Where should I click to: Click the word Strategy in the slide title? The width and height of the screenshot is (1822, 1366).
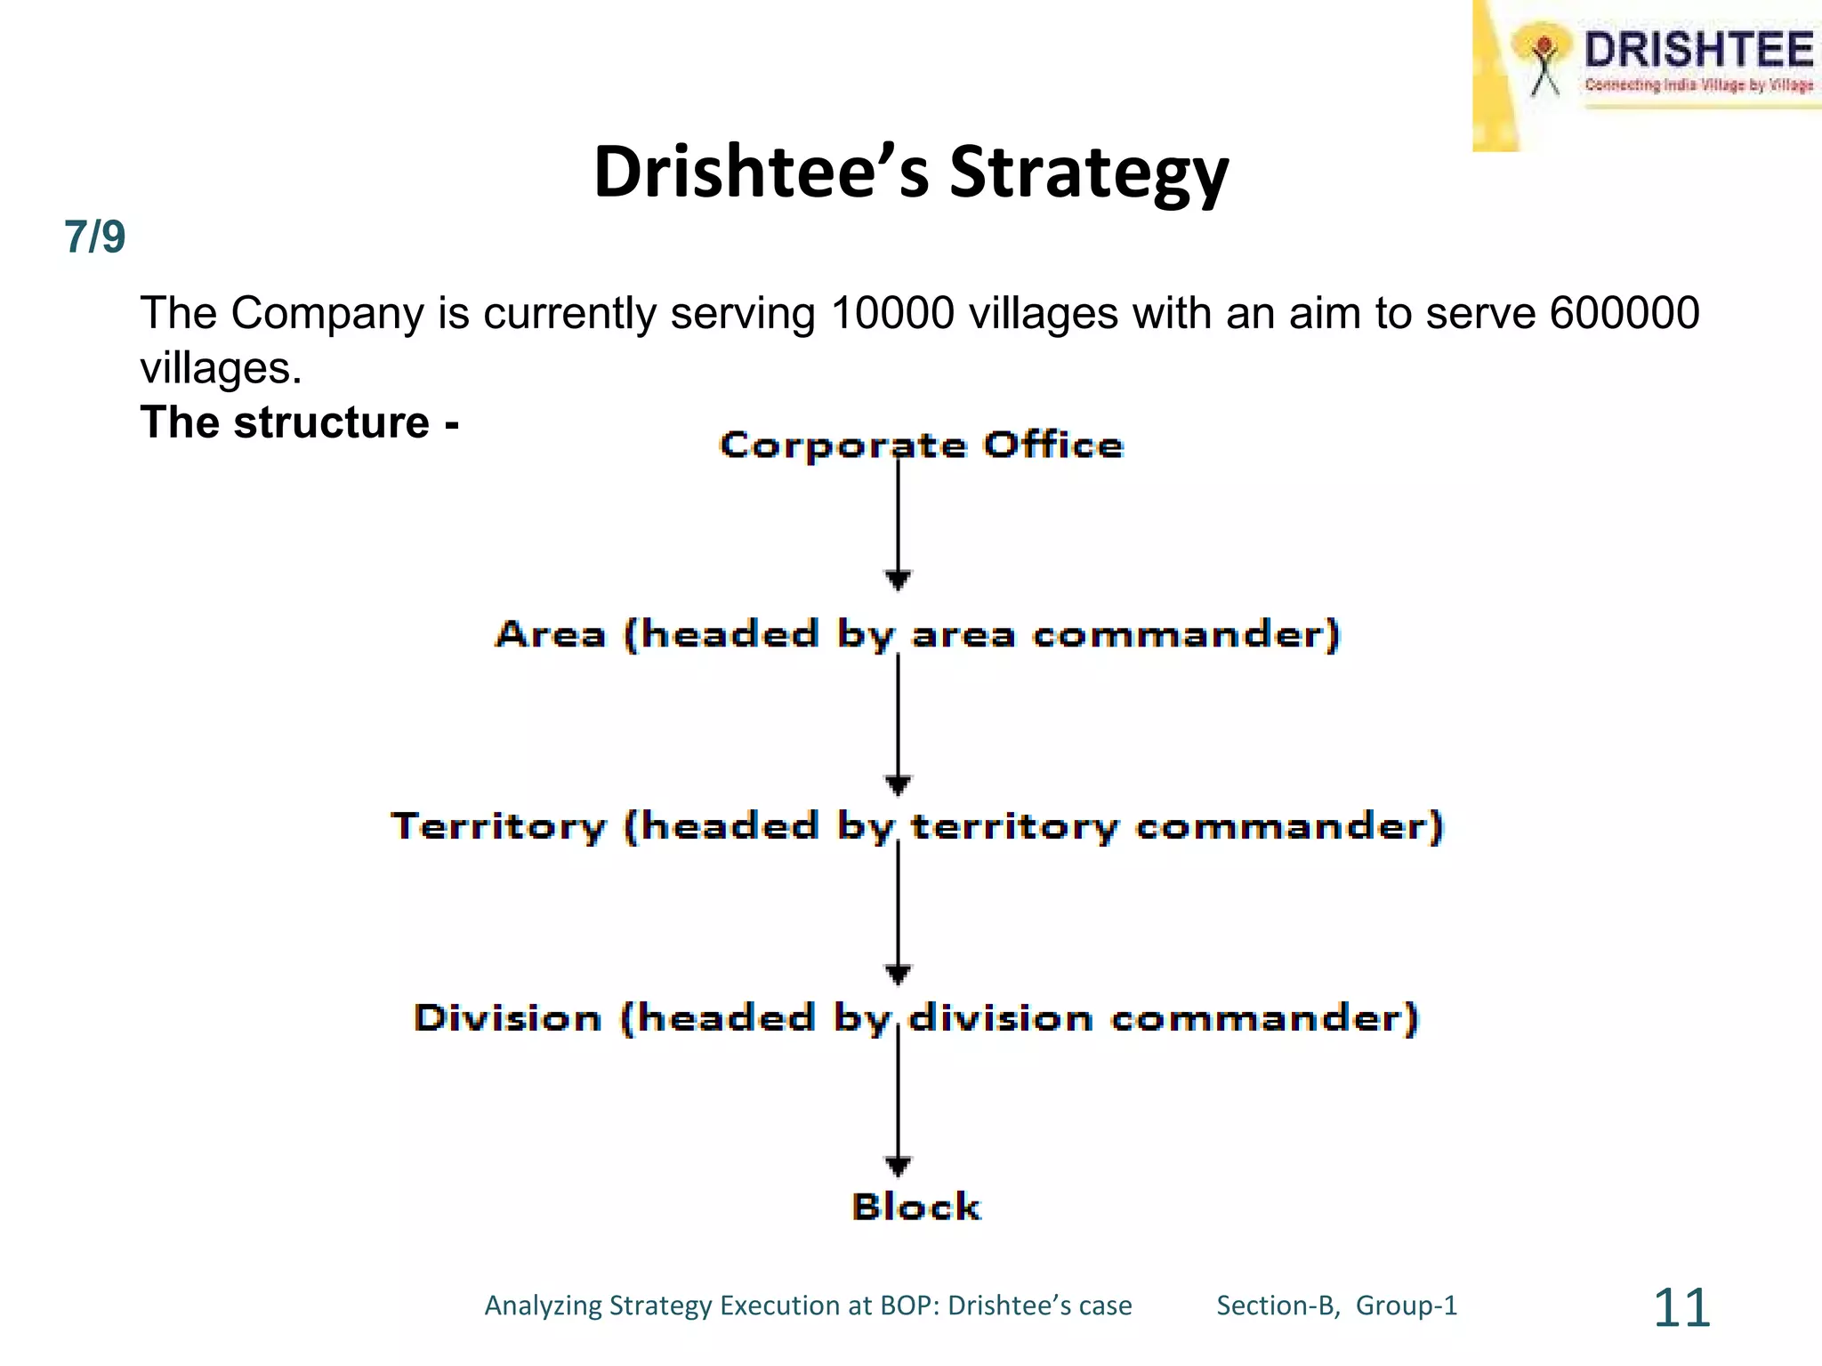1089,173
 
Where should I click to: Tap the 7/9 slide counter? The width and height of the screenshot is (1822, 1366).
94,237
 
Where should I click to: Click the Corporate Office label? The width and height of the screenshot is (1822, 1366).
921,445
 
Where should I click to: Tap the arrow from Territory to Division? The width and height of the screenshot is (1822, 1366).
898,912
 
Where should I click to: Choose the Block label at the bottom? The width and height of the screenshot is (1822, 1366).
916,1207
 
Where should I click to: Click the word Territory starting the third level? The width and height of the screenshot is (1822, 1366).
498,826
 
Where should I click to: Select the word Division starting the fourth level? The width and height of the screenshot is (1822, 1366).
507,1017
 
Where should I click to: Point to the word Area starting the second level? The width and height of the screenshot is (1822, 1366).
551,634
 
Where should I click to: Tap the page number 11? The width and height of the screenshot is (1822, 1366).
1681,1307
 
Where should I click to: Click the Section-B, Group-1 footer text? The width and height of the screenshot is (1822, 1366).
1336,1306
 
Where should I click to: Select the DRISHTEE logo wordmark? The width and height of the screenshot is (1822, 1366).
1697,50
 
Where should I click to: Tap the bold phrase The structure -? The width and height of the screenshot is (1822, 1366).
299,422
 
